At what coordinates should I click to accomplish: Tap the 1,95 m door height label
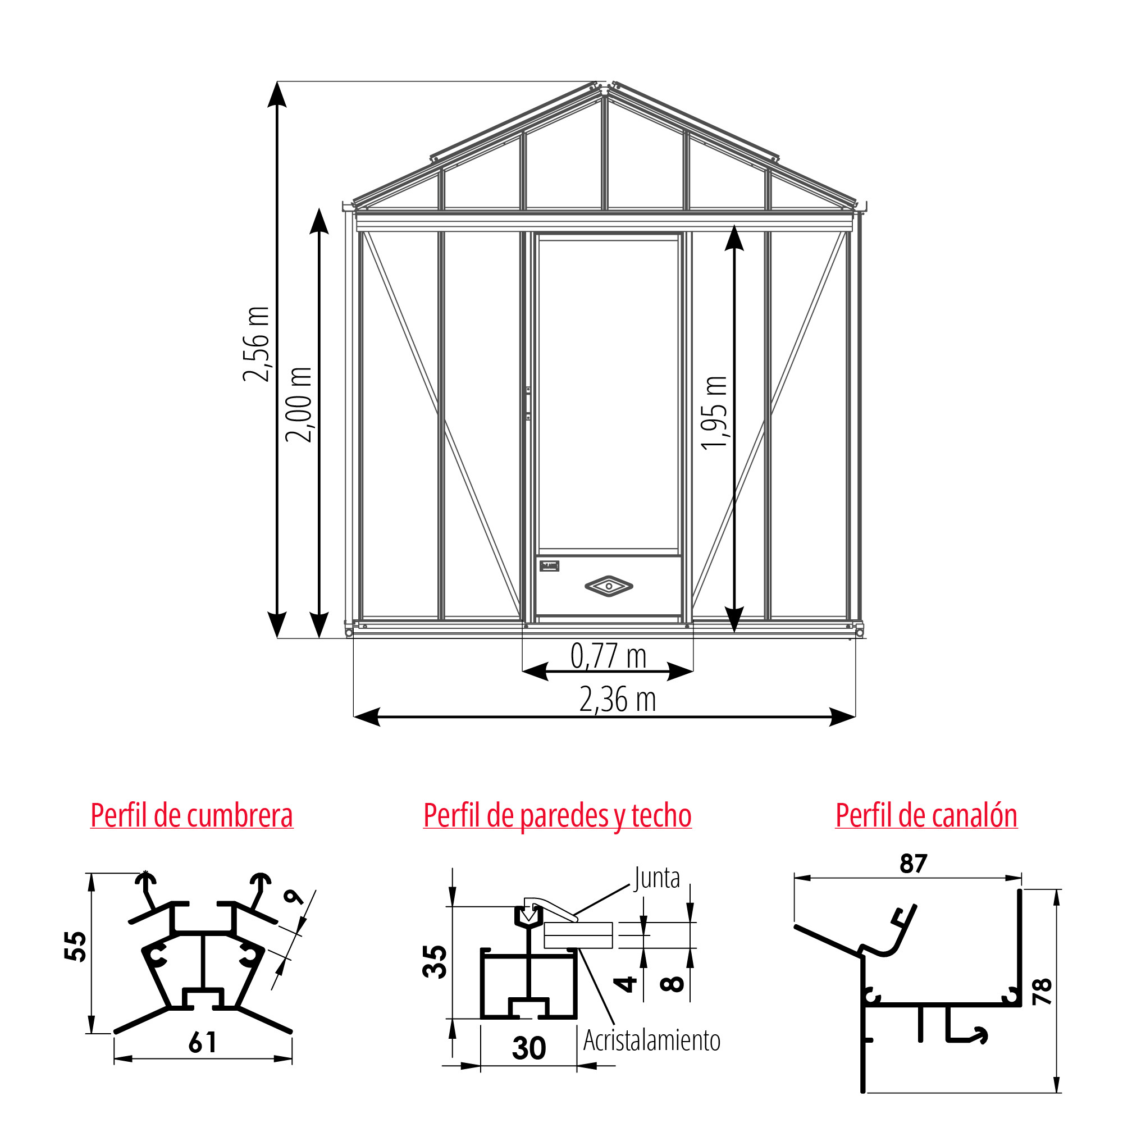[x=714, y=413]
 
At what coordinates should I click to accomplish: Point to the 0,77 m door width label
[x=609, y=657]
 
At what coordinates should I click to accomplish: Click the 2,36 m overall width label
[x=617, y=700]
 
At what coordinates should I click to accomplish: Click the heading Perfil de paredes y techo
[x=558, y=815]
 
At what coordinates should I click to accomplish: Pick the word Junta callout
[x=657, y=878]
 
